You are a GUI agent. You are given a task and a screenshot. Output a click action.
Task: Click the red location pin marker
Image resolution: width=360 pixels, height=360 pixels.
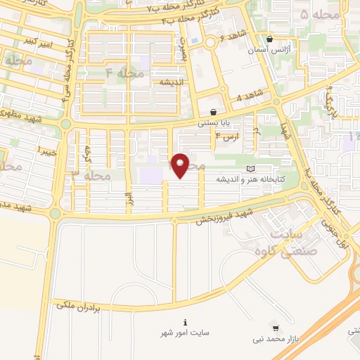[x=181, y=165]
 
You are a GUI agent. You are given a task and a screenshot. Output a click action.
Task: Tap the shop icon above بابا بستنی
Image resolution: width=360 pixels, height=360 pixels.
[x=212, y=112]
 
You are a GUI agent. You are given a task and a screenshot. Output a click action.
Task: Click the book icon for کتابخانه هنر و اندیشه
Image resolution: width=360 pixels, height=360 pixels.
[x=252, y=169]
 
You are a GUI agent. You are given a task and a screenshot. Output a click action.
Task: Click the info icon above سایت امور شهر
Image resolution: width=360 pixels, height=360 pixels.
[x=185, y=322]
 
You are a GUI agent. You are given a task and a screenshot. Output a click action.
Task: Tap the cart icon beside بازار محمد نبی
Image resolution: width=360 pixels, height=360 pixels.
[x=276, y=328]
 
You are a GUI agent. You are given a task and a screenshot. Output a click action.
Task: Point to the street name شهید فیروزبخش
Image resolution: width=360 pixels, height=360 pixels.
[x=223, y=216]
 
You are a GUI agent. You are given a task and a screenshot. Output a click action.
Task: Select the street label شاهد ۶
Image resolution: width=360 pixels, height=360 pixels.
[x=231, y=36]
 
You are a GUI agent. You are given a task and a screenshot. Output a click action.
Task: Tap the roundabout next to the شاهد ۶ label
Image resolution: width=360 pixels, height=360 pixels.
[x=210, y=44]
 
